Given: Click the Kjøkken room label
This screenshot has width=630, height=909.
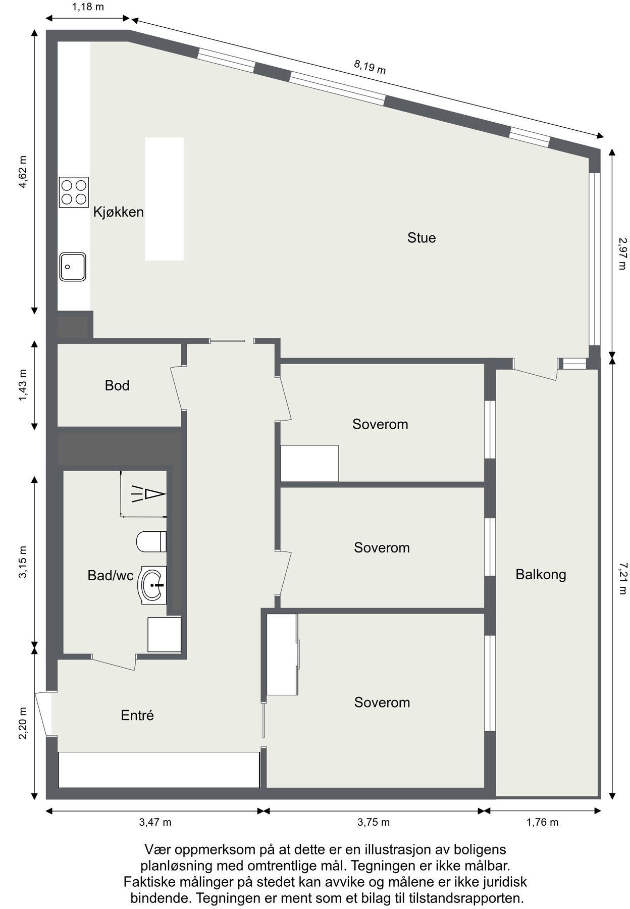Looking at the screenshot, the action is tap(119, 212).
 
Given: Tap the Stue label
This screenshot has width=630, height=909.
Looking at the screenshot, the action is tap(422, 238).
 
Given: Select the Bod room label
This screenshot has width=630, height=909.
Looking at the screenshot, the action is tap(117, 386).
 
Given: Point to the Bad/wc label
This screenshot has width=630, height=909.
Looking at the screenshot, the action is tap(111, 575).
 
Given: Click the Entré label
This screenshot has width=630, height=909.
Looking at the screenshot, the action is tap(137, 715).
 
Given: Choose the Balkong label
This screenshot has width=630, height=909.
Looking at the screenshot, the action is tap(541, 575).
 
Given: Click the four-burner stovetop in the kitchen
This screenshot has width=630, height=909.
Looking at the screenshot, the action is tap(74, 192).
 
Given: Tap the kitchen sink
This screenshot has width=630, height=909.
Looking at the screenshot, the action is tap(73, 267).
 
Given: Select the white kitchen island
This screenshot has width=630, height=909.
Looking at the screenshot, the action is tap(165, 199).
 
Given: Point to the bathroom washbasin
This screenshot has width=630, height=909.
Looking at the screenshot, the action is tap(152, 585).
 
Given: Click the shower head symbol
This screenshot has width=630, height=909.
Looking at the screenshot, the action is tap(148, 493).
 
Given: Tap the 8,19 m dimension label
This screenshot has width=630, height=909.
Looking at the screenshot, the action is tap(370, 66).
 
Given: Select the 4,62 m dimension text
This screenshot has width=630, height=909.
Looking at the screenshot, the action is tap(23, 172).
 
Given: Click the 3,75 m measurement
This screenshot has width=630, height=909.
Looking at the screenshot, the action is tap(374, 822).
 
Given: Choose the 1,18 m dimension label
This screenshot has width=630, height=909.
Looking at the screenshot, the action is tap(88, 7).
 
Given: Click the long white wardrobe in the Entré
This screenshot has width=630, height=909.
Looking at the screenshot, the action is tap(159, 770).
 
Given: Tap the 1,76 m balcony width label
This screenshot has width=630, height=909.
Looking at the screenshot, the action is tap(542, 822).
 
